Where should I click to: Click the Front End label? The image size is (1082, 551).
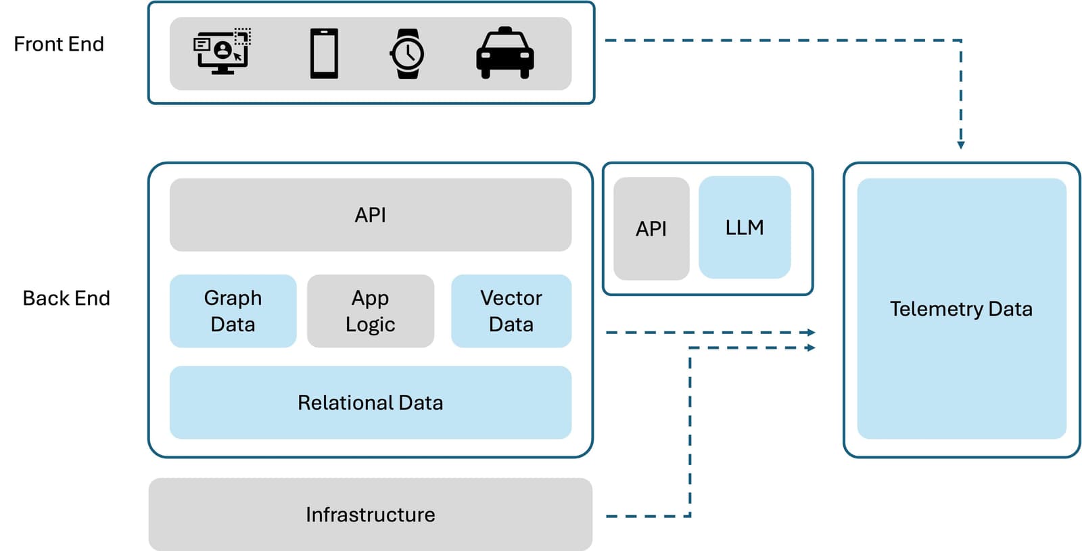(x=59, y=44)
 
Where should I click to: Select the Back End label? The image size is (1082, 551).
(x=66, y=298)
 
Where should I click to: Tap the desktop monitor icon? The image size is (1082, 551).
(x=222, y=51)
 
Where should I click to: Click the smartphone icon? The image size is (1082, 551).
(x=324, y=53)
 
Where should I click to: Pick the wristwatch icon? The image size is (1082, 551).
(x=407, y=53)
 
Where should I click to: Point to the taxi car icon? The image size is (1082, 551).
(x=504, y=53)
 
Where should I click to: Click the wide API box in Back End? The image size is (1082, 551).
(x=370, y=215)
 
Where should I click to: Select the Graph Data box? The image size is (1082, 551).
(x=233, y=311)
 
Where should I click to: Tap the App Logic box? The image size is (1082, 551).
(x=370, y=311)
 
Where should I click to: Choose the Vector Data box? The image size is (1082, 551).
(x=511, y=311)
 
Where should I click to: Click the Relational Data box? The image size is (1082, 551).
(x=370, y=403)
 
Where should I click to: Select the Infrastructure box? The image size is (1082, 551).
(x=370, y=514)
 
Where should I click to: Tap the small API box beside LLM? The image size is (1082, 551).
(x=651, y=229)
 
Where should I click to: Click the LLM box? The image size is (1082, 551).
(x=744, y=228)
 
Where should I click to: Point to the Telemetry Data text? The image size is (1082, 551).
(x=961, y=309)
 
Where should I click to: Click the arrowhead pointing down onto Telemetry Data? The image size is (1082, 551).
(x=961, y=145)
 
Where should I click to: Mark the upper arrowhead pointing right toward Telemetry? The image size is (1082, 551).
(x=811, y=333)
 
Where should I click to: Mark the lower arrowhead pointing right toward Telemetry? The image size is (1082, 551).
(x=811, y=348)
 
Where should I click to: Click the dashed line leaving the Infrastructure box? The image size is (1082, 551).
(x=642, y=517)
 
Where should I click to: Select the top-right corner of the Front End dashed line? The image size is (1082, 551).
(x=961, y=41)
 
